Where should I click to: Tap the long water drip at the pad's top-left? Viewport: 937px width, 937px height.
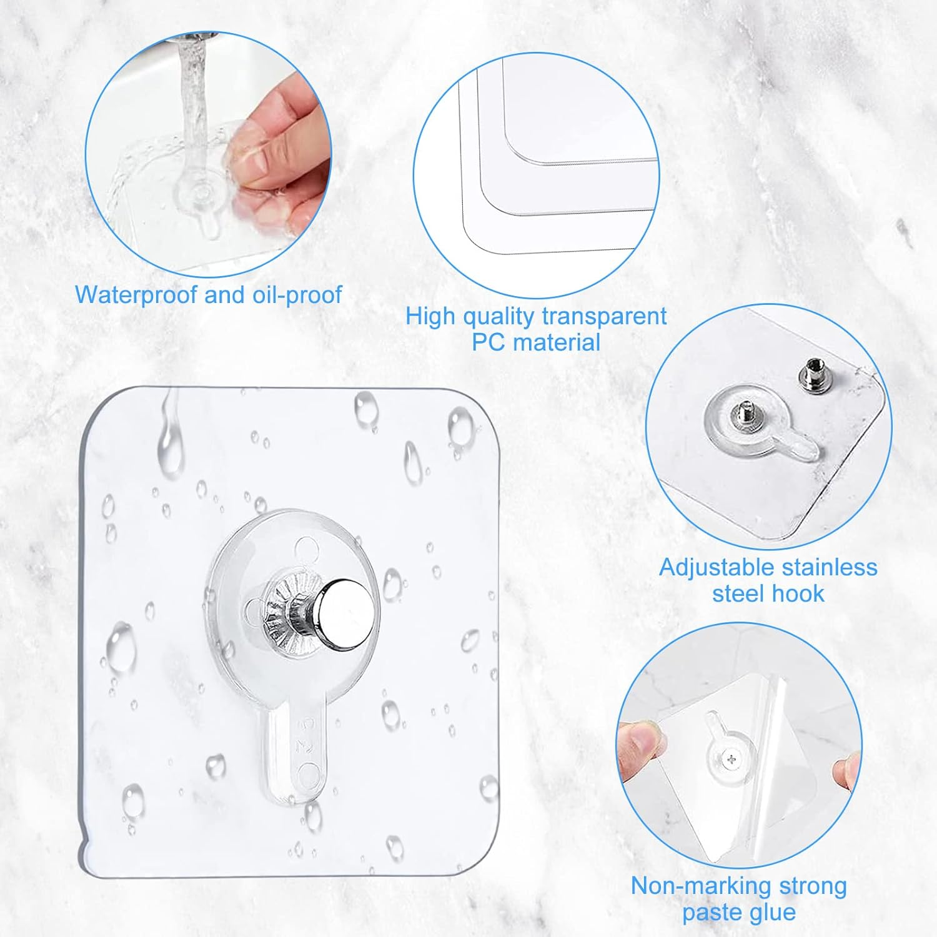point(170,437)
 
